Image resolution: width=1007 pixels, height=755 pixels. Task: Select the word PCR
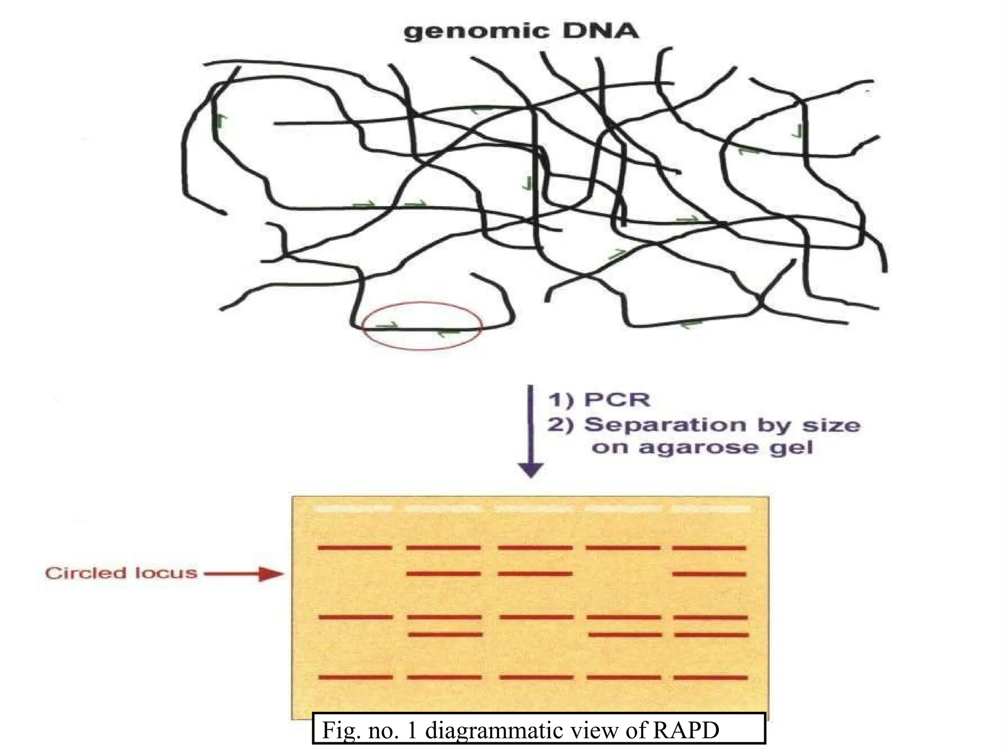617,400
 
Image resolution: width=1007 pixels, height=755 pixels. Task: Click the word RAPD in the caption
685,730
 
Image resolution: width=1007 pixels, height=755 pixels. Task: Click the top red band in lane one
355,547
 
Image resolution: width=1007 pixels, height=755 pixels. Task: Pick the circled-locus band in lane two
444,574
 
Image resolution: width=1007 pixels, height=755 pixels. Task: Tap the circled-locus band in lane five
709,574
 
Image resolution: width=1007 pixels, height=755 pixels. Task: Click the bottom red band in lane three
536,677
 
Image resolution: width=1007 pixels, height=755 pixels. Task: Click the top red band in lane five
709,548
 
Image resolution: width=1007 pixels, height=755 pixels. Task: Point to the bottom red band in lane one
355,677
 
